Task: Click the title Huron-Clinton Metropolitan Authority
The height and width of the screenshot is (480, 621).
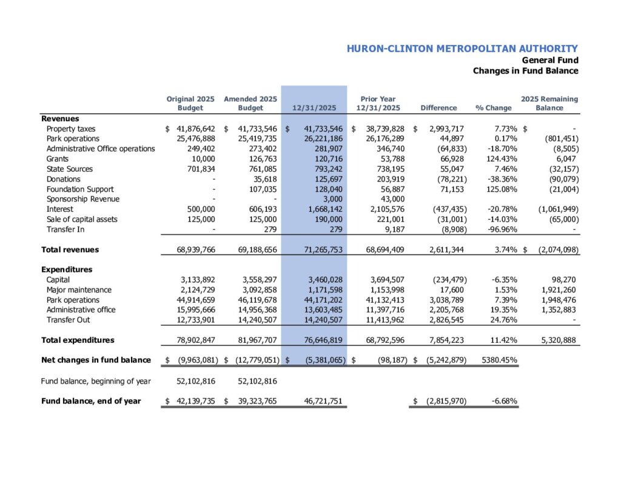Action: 462,49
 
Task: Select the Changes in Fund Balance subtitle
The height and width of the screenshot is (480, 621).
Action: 525,71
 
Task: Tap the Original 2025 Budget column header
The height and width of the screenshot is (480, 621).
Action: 189,103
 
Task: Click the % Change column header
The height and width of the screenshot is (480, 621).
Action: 494,108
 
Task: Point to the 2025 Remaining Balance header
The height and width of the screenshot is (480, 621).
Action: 549,103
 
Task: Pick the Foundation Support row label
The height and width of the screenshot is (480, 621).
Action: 80,189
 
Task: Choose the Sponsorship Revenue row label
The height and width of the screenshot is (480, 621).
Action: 83,199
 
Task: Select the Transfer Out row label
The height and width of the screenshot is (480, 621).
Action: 69,320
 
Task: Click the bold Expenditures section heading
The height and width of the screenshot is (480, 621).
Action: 67,269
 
